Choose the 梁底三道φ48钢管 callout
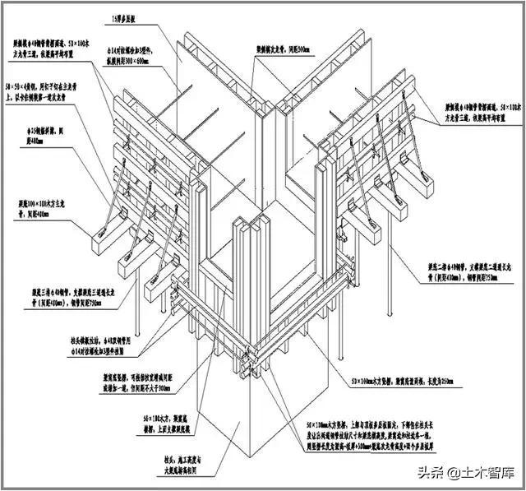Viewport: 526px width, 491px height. point(49,295)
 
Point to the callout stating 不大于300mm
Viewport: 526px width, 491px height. point(124,382)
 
